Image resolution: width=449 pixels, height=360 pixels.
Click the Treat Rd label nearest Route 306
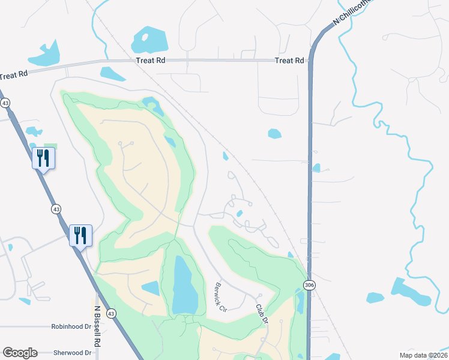pyautogui.click(x=289, y=61)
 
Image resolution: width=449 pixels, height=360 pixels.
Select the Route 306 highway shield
pyautogui.click(x=309, y=285)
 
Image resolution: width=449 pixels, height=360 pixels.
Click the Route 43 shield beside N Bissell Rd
pyautogui.click(x=111, y=313)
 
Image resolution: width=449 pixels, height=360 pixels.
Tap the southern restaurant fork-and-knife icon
pyautogui.click(x=80, y=235)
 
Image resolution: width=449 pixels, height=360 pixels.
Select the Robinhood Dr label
pyautogui.click(x=71, y=328)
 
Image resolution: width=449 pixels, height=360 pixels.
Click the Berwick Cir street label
pyautogui.click(x=220, y=297)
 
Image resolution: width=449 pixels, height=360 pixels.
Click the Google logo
pyautogui.click(x=20, y=353)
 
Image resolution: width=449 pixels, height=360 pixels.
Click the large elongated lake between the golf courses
pyautogui.click(x=183, y=285)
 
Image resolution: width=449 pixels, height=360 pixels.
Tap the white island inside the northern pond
pyautogui.click(x=144, y=37)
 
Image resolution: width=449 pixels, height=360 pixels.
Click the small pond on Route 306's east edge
pyautogui.click(x=316, y=168)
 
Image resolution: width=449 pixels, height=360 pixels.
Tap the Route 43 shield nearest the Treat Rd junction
pyautogui.click(x=5, y=103)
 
